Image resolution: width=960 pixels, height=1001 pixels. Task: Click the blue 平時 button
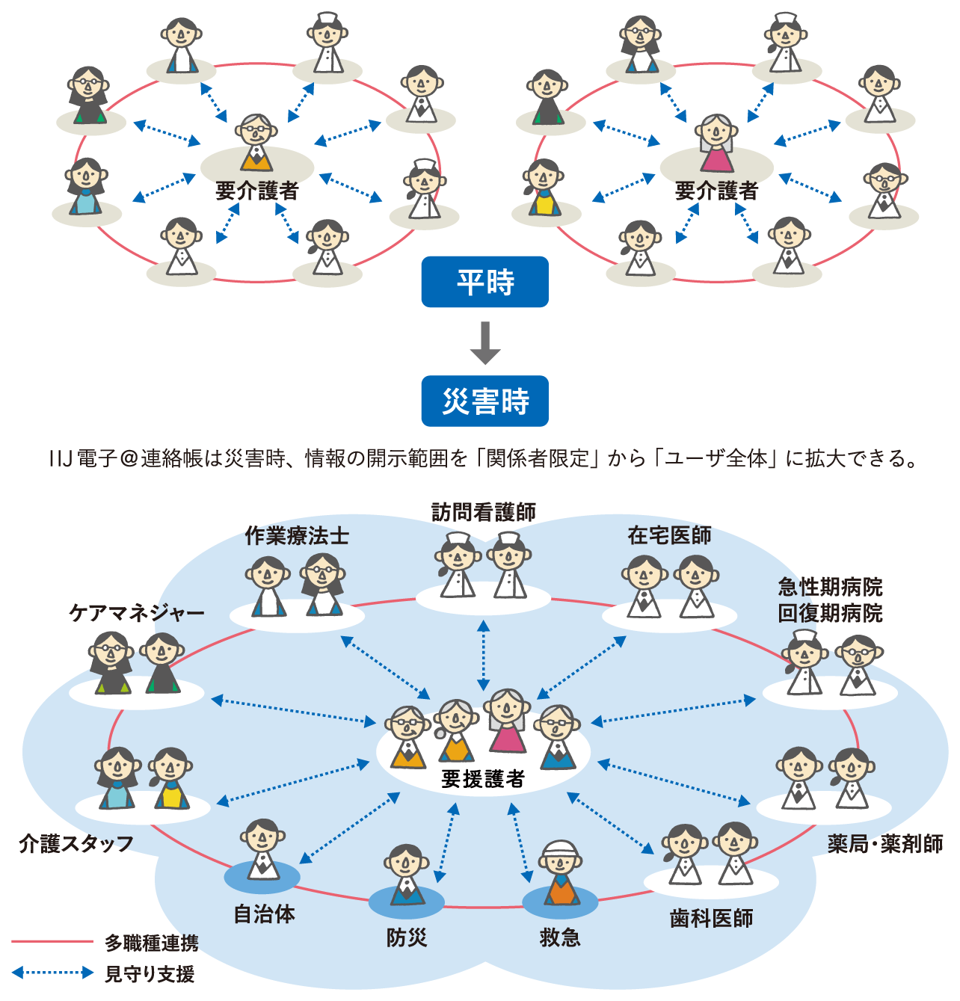[x=484, y=283]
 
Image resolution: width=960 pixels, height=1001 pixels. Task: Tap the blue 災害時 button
[x=484, y=401]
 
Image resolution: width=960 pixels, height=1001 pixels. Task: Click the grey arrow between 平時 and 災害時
[x=485, y=343]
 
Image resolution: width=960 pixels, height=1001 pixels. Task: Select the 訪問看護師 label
[x=484, y=512]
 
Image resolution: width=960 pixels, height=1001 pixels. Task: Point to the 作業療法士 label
[x=297, y=536]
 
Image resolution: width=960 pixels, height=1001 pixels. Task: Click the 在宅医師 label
[x=669, y=535]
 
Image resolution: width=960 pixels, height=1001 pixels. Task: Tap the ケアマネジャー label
[x=137, y=614]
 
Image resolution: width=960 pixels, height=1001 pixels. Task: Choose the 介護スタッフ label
[x=76, y=844]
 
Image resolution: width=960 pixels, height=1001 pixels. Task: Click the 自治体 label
[x=264, y=914]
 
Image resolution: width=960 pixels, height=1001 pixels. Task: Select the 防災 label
[x=407, y=937]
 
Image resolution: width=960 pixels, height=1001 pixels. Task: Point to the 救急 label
[x=560, y=937]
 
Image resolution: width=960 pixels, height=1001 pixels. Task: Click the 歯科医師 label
[x=711, y=918]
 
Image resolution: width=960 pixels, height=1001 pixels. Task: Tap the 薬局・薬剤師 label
[x=885, y=844]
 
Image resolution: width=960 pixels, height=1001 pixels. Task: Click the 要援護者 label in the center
[x=483, y=780]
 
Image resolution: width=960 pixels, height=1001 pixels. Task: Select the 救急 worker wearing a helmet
[x=560, y=872]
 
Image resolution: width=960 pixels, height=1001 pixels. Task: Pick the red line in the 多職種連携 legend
[x=52, y=942]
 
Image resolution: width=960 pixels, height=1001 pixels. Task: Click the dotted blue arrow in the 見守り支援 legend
[x=52, y=973]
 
